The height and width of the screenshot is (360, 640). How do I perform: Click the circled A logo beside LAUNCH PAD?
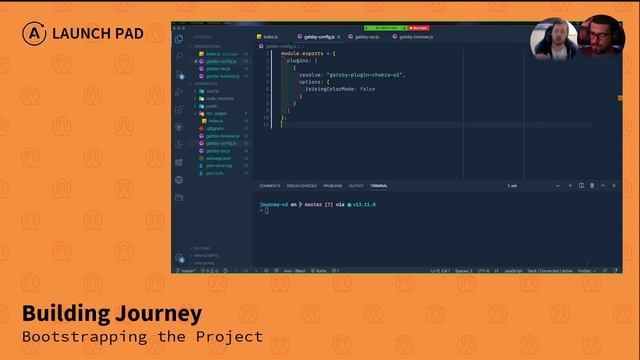[34, 33]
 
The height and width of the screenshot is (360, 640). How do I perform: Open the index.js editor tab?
[270, 37]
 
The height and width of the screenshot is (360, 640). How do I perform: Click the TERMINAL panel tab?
[379, 186]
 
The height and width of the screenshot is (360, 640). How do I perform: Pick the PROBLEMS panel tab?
[332, 186]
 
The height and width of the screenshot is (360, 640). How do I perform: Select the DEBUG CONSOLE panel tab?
[302, 186]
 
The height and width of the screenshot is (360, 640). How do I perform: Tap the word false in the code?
[368, 88]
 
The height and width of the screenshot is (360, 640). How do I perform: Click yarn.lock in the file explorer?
[214, 172]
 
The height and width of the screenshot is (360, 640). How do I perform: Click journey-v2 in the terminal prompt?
[277, 204]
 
